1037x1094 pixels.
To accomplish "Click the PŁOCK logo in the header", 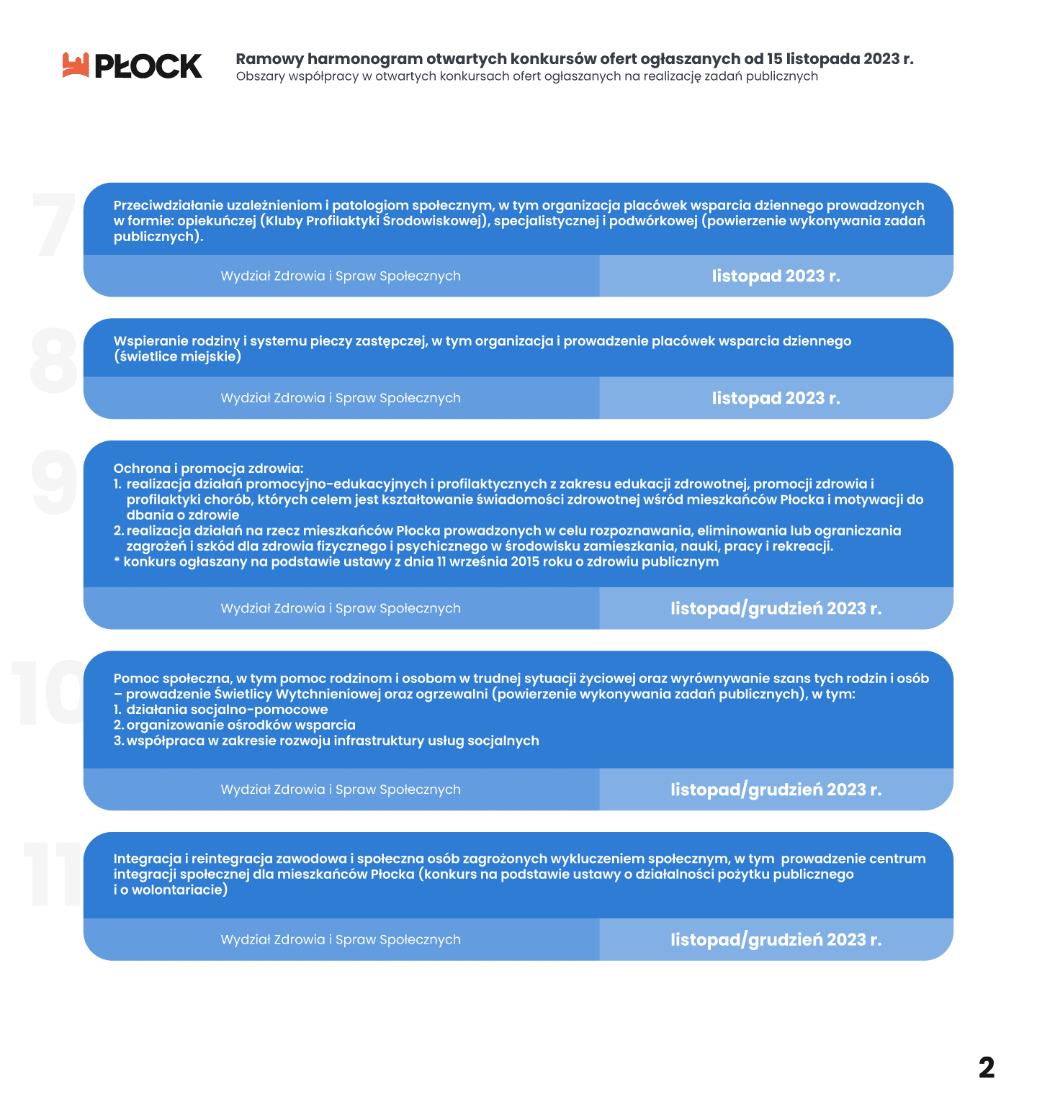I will tap(133, 65).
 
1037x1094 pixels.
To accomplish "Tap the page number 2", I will tap(987, 1067).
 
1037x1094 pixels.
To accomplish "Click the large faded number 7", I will tap(55, 225).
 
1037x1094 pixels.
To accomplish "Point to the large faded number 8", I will tap(54, 360).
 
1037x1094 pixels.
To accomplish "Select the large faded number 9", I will tap(55, 482).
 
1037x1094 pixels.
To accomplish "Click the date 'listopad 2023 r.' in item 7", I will tap(776, 276).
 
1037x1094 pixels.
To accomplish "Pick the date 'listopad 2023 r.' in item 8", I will tap(776, 399).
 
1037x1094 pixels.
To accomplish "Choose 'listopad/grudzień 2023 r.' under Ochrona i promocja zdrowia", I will tap(776, 609).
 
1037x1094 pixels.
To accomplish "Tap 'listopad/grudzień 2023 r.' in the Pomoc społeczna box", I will tap(776, 790).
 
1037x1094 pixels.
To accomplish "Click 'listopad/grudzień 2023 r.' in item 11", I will tap(776, 940).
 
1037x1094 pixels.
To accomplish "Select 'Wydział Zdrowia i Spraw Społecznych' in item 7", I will tap(341, 276).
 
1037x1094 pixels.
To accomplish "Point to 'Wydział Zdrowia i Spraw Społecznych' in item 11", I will tap(341, 940).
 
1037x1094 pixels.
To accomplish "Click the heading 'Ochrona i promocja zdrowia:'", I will tap(208, 469).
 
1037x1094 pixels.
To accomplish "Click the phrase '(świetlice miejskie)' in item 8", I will tap(177, 357).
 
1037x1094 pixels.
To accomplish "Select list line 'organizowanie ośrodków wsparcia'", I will tap(241, 725).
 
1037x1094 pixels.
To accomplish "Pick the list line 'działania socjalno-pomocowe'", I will tap(227, 710).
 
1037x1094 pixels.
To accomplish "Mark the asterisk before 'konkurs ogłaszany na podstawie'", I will tap(117, 561).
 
